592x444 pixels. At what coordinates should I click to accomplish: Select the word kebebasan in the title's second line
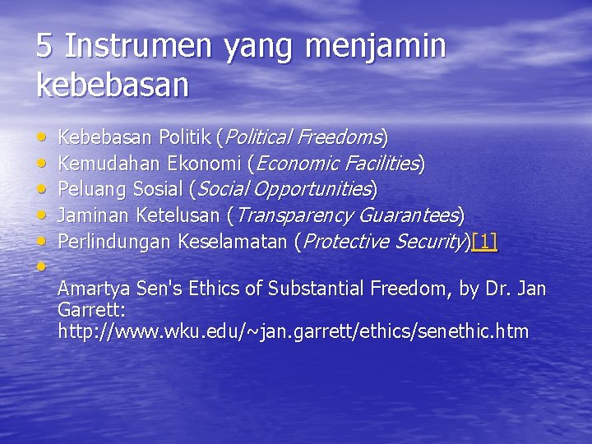point(113,85)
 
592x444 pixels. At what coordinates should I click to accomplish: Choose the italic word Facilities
point(379,163)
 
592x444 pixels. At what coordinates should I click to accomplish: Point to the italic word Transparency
point(291,215)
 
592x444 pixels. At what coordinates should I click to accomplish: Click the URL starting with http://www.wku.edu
point(293,332)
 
